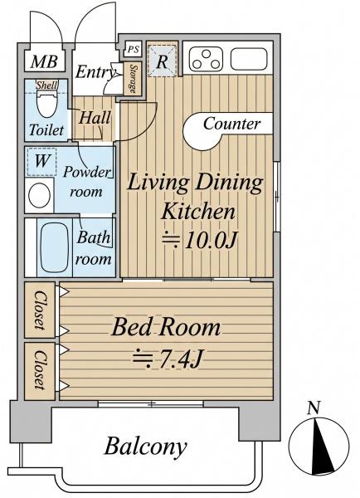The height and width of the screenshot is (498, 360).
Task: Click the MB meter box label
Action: click(44, 61)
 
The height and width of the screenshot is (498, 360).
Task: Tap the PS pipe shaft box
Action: click(133, 49)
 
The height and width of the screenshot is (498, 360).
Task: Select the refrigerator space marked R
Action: click(162, 61)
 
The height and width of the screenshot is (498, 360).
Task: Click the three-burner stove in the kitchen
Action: click(206, 59)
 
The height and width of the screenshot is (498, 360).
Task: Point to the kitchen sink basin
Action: click(249, 59)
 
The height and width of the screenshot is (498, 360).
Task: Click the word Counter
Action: click(231, 123)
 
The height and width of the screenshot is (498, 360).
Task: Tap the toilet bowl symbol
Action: click(46, 104)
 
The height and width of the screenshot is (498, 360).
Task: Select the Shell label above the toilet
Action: click(46, 85)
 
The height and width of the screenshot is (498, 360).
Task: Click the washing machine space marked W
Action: click(42, 161)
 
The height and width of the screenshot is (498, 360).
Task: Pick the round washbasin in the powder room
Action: click(39, 195)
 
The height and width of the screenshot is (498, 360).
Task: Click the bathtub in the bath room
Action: click(55, 247)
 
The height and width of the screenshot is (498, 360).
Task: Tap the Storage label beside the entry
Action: click(133, 79)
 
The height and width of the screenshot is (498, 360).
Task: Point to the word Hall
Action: click(95, 118)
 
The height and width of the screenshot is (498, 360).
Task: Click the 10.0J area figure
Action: click(200, 241)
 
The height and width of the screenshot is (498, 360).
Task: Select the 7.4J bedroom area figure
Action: click(167, 359)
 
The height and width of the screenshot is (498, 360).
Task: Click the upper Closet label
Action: click(39, 310)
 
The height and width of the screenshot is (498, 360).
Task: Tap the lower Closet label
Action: click(39, 370)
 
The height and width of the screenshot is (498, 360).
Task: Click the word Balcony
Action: click(146, 447)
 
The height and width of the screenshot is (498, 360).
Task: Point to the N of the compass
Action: click(314, 408)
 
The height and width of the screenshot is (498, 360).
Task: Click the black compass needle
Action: click(321, 447)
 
